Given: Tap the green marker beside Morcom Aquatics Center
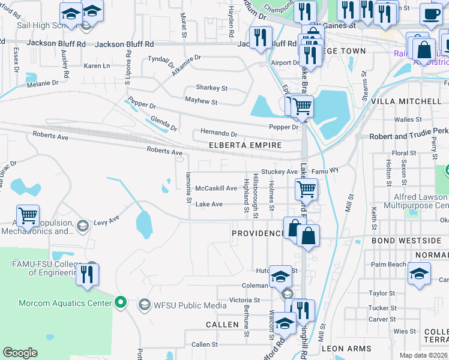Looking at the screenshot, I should coord(120,302).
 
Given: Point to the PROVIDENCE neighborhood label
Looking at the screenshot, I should coord(258,233).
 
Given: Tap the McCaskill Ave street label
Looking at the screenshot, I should coord(216,188).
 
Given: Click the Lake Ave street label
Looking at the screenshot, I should coord(209,205).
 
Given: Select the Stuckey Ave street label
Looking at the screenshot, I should coord(280,172).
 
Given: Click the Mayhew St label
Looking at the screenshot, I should coord(200,102).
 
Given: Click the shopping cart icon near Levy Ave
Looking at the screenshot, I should coord(28,216).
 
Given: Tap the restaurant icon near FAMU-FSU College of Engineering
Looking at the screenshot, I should coord(88,274).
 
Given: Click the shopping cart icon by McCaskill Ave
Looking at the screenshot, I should coord(306,190).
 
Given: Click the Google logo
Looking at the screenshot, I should coord(20,353).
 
